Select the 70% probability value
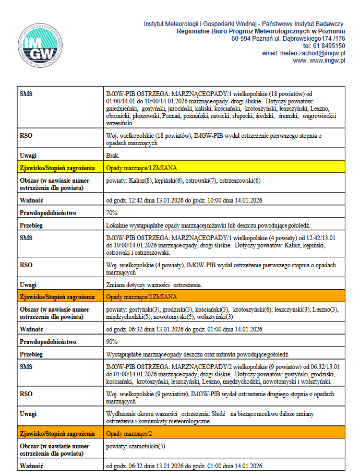pos(112,213)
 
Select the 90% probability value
pos(112,342)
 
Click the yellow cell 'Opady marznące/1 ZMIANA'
pos(141,168)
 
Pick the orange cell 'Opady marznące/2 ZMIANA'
pos(141,297)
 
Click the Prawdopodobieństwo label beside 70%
pos(48,213)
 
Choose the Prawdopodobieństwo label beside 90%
pos(48,342)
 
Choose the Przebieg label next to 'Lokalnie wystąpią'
pos(31,225)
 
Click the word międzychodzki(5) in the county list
pos(127,317)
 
